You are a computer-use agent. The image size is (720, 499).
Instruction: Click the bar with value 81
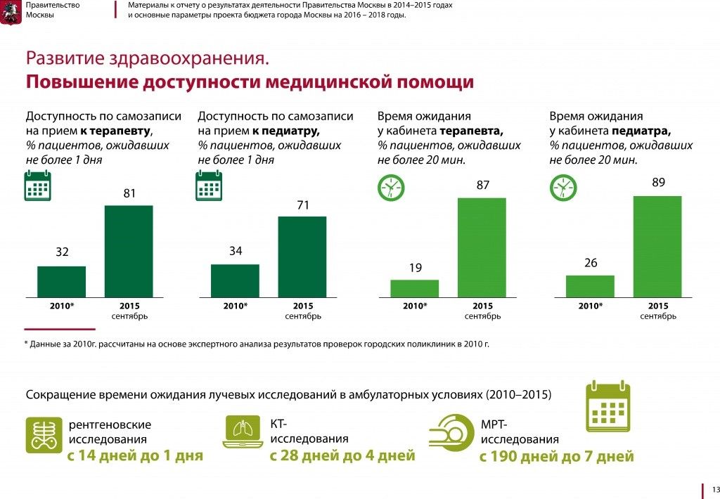(129, 251)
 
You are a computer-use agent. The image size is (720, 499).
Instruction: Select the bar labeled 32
(62, 281)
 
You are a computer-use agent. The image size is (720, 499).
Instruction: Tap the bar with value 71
(302, 257)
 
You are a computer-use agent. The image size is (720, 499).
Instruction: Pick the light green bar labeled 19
(414, 288)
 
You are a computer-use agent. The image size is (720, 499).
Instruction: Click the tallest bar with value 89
(657, 246)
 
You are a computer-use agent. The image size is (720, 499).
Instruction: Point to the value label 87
(482, 186)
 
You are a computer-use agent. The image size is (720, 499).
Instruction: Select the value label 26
(590, 263)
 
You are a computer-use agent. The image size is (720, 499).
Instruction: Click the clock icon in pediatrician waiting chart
(563, 187)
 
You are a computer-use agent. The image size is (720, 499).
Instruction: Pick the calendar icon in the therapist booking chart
(38, 187)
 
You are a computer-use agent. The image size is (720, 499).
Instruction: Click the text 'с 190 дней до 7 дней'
(556, 457)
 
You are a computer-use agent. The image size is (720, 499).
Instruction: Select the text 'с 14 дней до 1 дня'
(135, 455)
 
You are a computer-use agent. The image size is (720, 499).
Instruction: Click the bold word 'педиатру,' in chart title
(285, 131)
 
